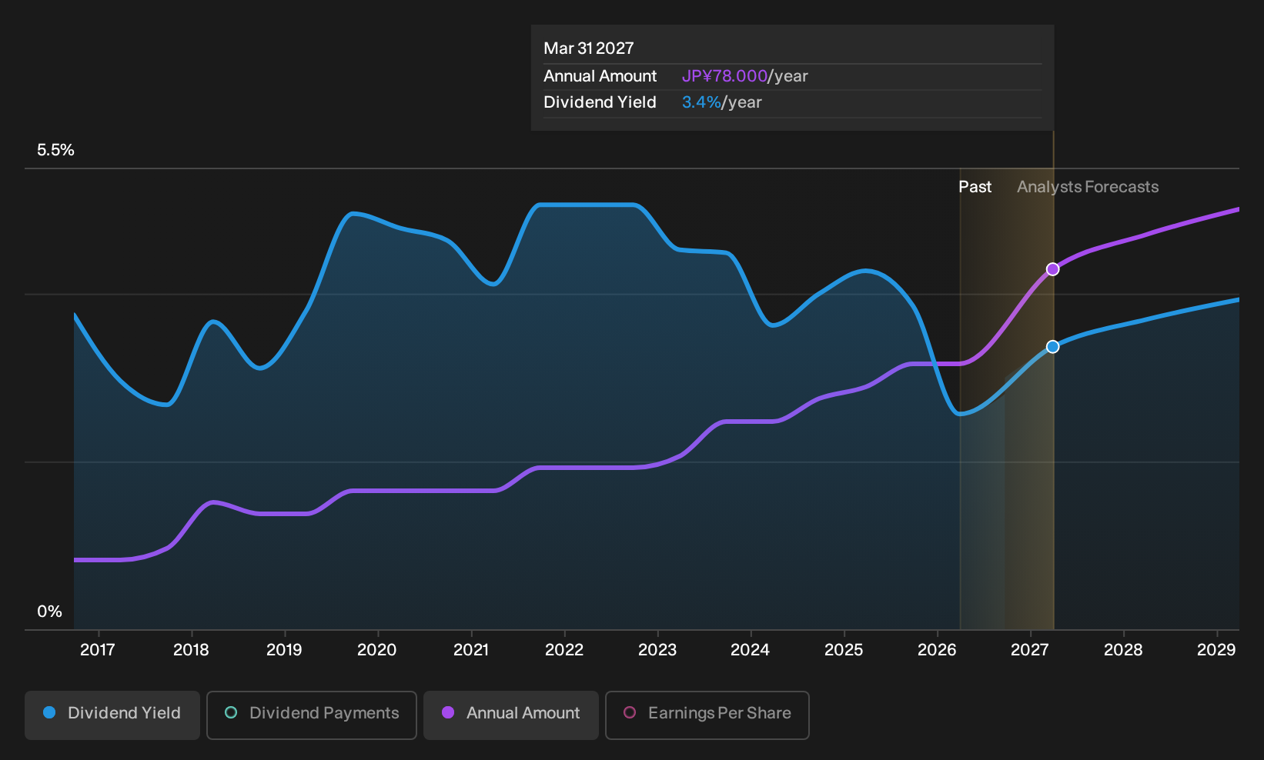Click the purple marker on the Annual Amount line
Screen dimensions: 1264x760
coord(1052,269)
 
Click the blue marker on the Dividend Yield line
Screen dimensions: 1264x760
coord(1052,347)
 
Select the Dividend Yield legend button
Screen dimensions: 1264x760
coord(112,715)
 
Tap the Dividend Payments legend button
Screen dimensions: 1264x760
coord(312,715)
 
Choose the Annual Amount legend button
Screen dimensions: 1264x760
coord(510,715)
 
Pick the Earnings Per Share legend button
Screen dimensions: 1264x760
coord(707,715)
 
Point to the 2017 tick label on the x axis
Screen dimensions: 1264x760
coord(98,650)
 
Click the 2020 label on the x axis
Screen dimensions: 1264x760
coord(377,650)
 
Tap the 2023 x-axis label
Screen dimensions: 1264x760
coord(657,650)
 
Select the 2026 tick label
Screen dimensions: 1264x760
coord(937,650)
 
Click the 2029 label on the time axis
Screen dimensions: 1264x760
coord(1216,650)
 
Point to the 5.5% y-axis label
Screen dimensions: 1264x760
coord(55,150)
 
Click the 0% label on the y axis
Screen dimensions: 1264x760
coord(50,612)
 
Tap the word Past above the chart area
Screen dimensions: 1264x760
coord(975,187)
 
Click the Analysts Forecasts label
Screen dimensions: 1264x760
coord(1088,187)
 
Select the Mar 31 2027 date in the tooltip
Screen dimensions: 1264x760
coord(589,48)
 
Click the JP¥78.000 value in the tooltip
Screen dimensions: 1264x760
coord(724,76)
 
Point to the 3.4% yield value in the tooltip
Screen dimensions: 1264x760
coord(701,102)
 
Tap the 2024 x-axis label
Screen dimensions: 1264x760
coord(750,650)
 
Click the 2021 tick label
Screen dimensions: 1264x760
coord(470,650)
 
